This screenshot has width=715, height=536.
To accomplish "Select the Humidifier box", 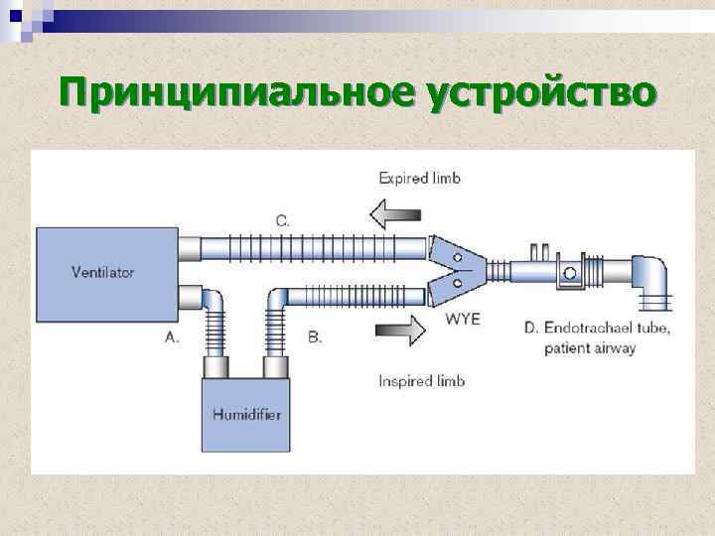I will pos(246,415).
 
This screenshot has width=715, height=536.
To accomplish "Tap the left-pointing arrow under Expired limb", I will pos(395,211).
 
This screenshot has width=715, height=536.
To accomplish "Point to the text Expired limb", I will pos(420,179).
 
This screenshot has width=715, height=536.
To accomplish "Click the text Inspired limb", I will pos(422,380).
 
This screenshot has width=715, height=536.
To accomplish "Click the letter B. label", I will pos(314,337).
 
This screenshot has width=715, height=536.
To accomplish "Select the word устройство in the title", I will pos(541,93).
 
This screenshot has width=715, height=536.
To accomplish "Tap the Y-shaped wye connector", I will pos(458,269).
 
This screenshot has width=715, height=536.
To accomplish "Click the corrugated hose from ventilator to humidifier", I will pos(214,324).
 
